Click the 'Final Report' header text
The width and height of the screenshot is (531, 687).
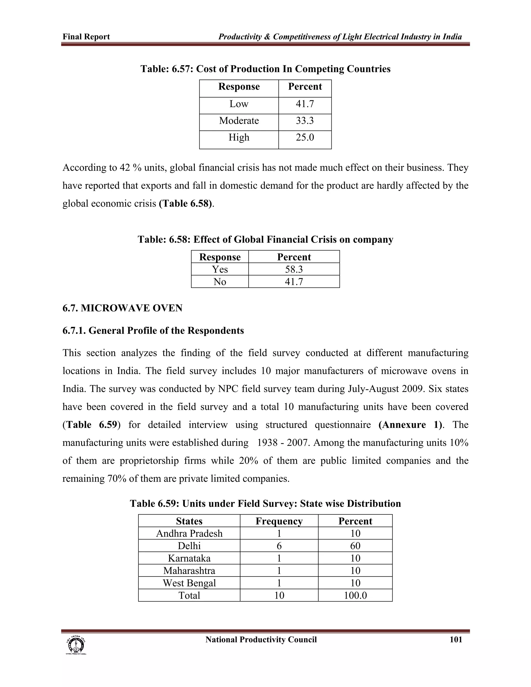(86, 37)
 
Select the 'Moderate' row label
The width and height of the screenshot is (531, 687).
(239, 121)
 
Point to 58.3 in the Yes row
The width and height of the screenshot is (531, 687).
(294, 269)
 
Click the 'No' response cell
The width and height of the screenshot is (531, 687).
(220, 282)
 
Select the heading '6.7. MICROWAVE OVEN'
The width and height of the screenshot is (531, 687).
(122, 308)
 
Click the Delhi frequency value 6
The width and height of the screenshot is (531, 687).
(279, 546)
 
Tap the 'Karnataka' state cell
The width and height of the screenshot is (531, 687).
(189, 558)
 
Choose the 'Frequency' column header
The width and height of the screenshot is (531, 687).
(279, 521)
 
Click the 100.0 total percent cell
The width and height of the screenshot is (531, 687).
(355, 595)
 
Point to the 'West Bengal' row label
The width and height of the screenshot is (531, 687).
(189, 583)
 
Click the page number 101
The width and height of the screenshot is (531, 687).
(456, 640)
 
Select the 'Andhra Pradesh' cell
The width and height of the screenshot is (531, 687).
(189, 534)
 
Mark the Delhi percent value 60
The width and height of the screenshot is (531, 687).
(355, 546)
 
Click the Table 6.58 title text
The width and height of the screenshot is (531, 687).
(265, 240)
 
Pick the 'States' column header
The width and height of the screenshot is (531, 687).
(189, 521)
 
